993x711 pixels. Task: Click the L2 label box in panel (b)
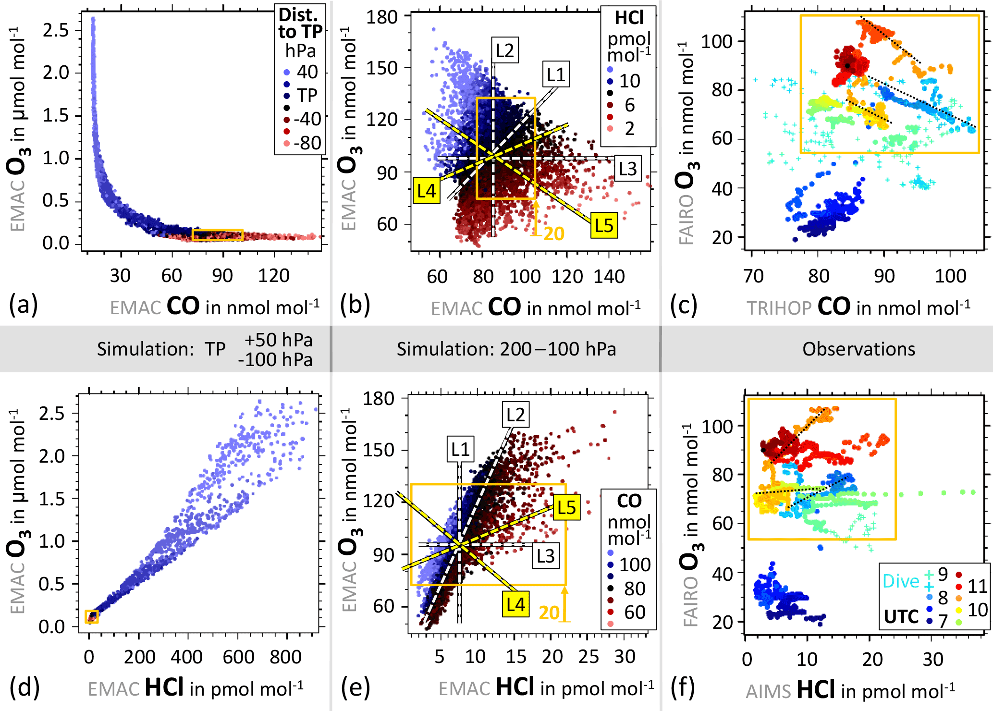click(505, 50)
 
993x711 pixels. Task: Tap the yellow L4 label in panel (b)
click(427, 191)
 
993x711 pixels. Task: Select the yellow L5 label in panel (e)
click(567, 507)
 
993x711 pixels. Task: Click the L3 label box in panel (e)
click(546, 556)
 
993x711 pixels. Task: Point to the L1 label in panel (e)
click(461, 449)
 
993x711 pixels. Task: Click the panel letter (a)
click(23, 305)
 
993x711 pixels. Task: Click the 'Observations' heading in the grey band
click(858, 349)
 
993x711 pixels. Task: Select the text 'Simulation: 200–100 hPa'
click(506, 349)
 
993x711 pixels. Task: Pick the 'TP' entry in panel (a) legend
click(306, 95)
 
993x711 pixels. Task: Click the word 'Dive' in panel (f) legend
click(901, 581)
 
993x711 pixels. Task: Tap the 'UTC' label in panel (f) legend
click(901, 616)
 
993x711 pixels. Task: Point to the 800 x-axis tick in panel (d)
click(286, 657)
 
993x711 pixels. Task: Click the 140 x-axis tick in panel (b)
click(609, 276)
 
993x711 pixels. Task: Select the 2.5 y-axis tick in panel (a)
click(56, 30)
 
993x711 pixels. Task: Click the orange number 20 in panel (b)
click(554, 234)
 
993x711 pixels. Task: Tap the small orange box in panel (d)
click(92, 616)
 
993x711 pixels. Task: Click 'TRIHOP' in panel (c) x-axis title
click(779, 308)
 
